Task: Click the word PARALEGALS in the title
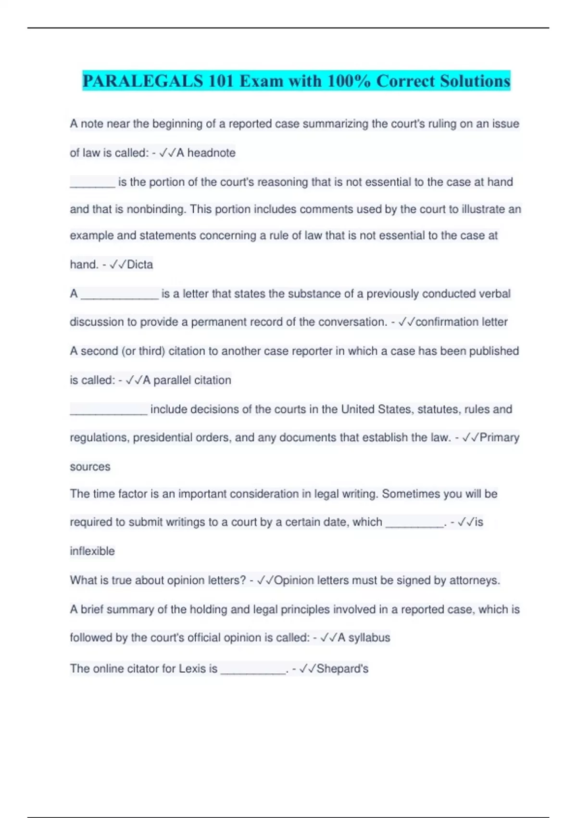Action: [x=143, y=81]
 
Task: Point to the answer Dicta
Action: [x=140, y=265]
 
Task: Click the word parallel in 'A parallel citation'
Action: [x=172, y=380]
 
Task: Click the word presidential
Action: [x=163, y=438]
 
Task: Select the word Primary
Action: [x=500, y=438]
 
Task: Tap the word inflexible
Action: [x=92, y=551]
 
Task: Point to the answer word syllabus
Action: [x=369, y=638]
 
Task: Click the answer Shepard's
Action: [x=342, y=669]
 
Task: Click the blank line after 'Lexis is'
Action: [x=253, y=671]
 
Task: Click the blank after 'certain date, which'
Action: [x=414, y=524]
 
